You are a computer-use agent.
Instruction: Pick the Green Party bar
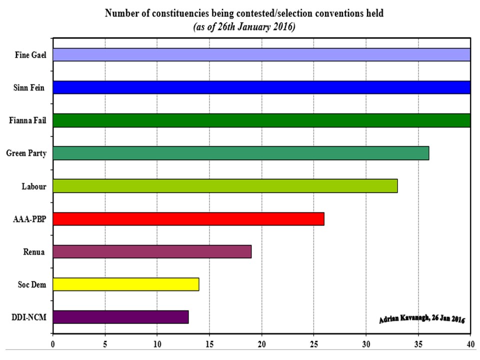click(x=240, y=153)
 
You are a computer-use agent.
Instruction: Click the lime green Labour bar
click(x=225, y=186)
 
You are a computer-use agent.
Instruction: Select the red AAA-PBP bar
click(x=188, y=219)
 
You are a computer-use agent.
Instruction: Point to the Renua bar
click(x=151, y=251)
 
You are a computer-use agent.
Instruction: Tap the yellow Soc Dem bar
click(x=125, y=284)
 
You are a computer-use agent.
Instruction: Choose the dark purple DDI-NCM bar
click(x=120, y=317)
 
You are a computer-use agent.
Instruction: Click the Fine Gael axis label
click(x=30, y=55)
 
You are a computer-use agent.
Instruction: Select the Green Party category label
click(x=26, y=153)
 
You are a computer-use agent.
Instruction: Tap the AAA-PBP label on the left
click(x=30, y=219)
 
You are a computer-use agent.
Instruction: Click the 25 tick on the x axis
click(x=313, y=344)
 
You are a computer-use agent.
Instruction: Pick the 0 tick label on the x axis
click(x=53, y=344)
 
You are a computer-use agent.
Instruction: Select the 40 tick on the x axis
click(x=470, y=344)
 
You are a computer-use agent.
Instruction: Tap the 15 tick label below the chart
click(x=209, y=344)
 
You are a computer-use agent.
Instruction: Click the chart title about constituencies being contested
click(x=244, y=14)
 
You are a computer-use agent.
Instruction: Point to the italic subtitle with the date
click(x=244, y=26)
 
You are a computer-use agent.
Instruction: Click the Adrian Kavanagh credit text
click(x=422, y=318)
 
